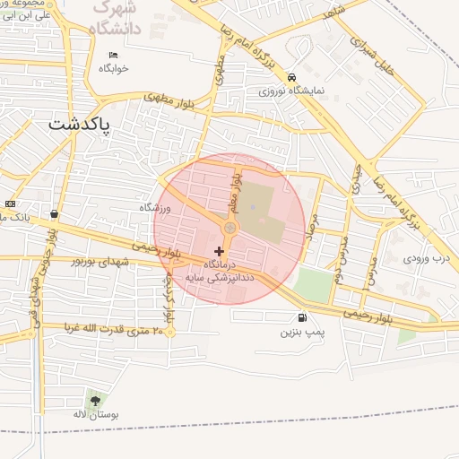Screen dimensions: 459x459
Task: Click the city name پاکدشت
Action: tap(78, 125)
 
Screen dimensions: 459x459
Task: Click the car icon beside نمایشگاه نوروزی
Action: tap(291, 78)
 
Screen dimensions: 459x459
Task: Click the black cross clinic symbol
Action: tap(220, 251)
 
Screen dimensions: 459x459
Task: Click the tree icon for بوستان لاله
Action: tap(95, 400)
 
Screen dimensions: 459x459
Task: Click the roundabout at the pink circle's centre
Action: tap(229, 229)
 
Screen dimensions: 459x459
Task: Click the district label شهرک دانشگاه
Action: tap(118, 19)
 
